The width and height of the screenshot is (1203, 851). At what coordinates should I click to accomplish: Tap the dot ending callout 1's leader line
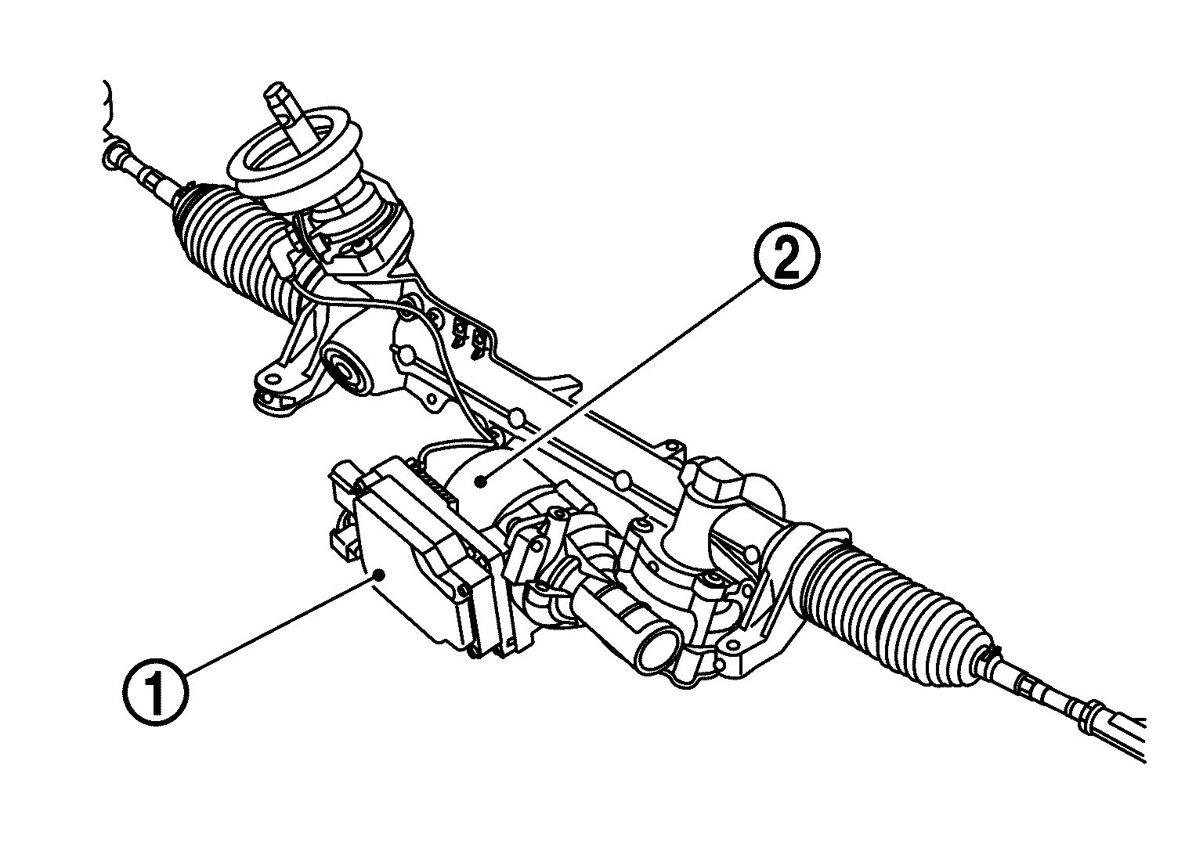click(x=378, y=575)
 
